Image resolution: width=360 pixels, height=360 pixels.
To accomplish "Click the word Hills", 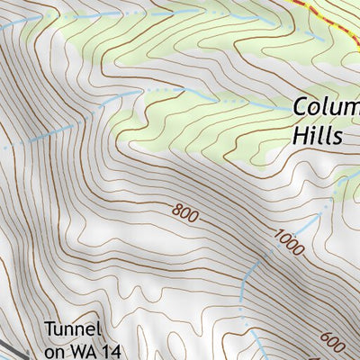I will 318,135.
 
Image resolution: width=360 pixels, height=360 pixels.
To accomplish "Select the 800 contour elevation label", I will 184,214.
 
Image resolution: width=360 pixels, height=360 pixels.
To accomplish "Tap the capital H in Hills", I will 301,135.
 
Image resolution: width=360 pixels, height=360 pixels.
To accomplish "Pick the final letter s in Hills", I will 338,137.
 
